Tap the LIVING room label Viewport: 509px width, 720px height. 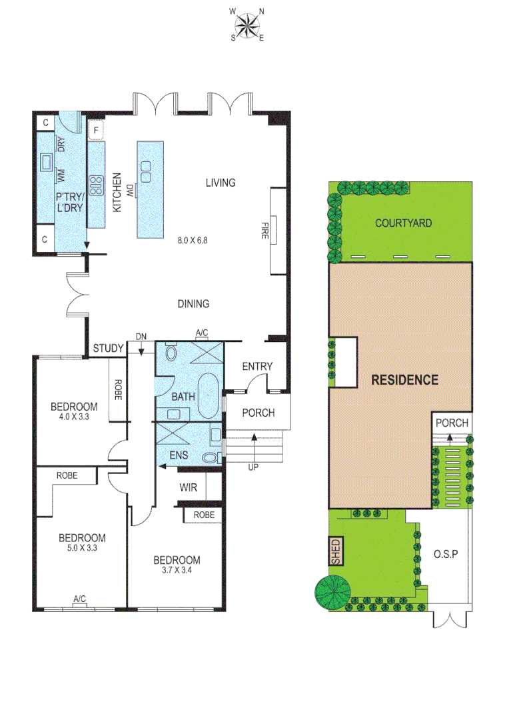[x=221, y=183]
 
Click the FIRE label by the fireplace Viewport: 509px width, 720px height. [x=264, y=230]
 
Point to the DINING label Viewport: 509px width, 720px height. [x=193, y=304]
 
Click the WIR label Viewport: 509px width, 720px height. [x=188, y=487]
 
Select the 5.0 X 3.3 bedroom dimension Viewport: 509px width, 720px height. [x=82, y=549]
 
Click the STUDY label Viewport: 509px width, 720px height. [x=108, y=348]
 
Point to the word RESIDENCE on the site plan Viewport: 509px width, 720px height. [x=405, y=381]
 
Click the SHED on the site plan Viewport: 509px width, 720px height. [x=336, y=551]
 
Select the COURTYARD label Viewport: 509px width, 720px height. [x=402, y=223]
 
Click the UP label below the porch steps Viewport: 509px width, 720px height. [x=253, y=467]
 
